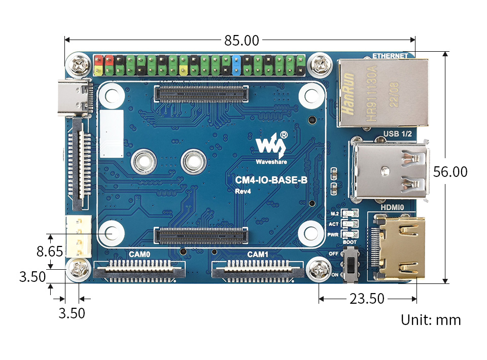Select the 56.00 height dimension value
[450, 172]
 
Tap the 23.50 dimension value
[367, 299]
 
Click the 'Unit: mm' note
[431, 320]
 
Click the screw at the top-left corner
[78, 64]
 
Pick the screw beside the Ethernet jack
[320, 65]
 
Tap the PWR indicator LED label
[334, 234]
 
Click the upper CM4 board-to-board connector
[201, 93]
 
